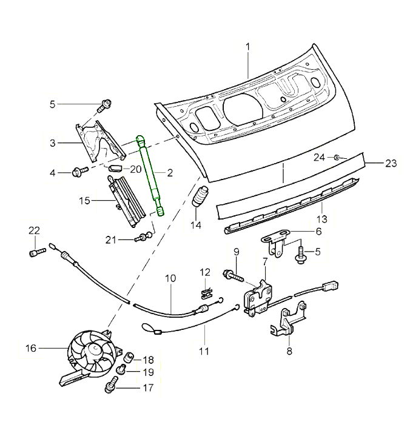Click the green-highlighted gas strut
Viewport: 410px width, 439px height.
[x=150, y=176]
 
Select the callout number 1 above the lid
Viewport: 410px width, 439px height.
[x=247, y=47]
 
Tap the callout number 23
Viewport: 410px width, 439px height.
[x=391, y=163]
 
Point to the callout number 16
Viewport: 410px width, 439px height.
[x=31, y=348]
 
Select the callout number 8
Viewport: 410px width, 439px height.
[x=289, y=350]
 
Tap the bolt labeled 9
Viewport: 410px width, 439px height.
[x=234, y=275]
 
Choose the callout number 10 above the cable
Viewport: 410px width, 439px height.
[x=170, y=278]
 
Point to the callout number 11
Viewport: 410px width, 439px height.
[x=204, y=350]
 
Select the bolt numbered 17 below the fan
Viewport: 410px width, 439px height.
[x=113, y=384]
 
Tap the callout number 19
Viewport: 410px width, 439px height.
[x=149, y=372]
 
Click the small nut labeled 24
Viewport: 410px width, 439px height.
[x=335, y=158]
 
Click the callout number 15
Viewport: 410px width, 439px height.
[x=84, y=199]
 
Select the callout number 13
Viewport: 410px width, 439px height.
[x=321, y=218]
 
